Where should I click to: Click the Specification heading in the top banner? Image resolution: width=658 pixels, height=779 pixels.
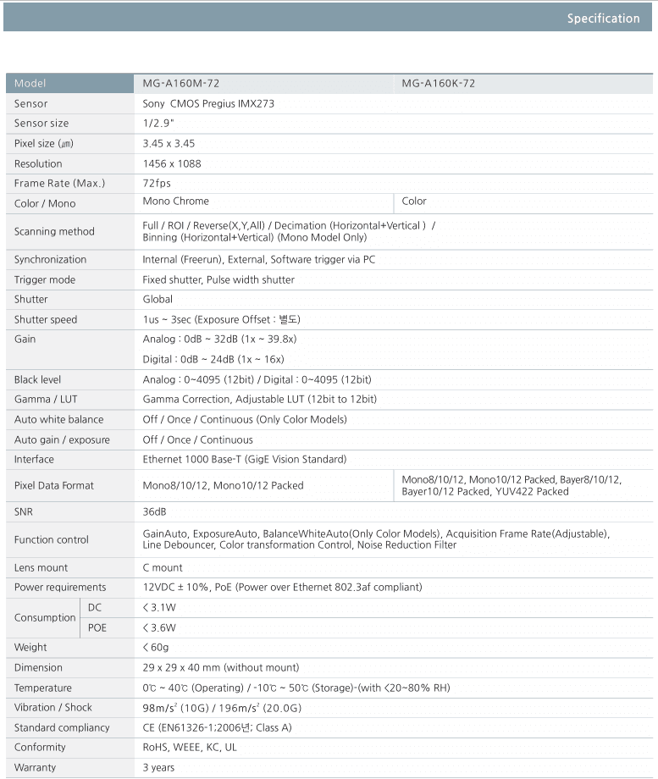(x=603, y=19)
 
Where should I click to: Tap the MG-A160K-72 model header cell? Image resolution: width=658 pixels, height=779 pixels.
(x=438, y=84)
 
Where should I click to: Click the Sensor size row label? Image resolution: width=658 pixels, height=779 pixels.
(x=41, y=124)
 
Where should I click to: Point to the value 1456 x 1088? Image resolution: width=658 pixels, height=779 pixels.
(x=172, y=163)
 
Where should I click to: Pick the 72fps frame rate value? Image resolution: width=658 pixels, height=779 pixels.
(x=157, y=184)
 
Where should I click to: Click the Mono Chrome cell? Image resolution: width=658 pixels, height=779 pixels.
(x=175, y=202)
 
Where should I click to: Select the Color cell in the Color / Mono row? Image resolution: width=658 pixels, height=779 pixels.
(x=414, y=202)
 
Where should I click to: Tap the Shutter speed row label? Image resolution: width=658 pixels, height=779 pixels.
(x=46, y=320)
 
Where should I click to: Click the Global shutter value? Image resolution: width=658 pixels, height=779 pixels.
(x=158, y=300)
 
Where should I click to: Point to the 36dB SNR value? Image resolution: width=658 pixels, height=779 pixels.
(x=154, y=512)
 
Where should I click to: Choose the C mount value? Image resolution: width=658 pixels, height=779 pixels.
(x=163, y=568)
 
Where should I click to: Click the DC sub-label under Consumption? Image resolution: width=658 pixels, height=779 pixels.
(x=95, y=608)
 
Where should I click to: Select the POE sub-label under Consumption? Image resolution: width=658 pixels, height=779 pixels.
(x=97, y=628)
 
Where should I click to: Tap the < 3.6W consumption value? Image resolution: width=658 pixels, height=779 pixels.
(x=159, y=628)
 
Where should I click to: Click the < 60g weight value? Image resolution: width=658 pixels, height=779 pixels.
(x=157, y=648)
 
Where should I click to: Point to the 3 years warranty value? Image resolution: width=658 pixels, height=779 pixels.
(x=158, y=768)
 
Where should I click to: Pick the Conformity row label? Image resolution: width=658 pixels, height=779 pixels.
(x=40, y=748)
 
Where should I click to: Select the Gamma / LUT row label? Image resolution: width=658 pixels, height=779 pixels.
(x=46, y=400)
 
